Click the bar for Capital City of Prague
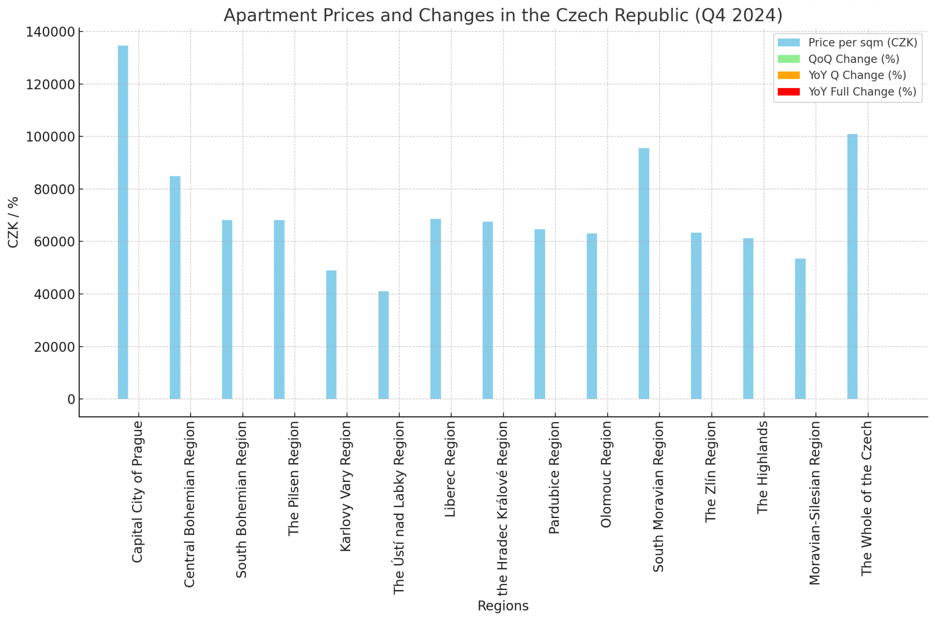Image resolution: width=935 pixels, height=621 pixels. [x=123, y=223]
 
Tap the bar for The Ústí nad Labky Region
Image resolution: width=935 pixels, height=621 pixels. [x=383, y=345]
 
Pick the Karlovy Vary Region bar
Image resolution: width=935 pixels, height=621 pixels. [x=331, y=334]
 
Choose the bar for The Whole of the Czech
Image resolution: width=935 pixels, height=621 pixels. [x=852, y=267]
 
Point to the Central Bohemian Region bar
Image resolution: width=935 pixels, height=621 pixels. [x=175, y=287]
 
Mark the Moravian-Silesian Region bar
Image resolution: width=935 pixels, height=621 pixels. [x=800, y=329]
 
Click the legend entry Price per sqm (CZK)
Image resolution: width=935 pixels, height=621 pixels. [x=863, y=42]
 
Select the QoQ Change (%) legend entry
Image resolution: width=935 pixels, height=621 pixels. [x=854, y=59]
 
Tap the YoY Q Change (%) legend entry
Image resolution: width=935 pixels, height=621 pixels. [x=857, y=75]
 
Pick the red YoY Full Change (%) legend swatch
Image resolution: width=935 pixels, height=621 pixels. [x=788, y=92]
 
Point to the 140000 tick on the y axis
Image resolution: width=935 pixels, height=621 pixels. [x=50, y=32]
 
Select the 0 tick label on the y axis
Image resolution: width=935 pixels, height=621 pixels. [x=71, y=399]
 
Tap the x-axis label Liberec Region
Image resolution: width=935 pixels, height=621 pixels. [x=450, y=469]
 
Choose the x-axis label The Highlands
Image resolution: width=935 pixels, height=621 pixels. [x=763, y=467]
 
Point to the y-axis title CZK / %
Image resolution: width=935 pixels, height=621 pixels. [x=13, y=223]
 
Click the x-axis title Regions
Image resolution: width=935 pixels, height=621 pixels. [x=503, y=606]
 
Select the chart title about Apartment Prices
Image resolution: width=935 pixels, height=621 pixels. [x=503, y=16]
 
